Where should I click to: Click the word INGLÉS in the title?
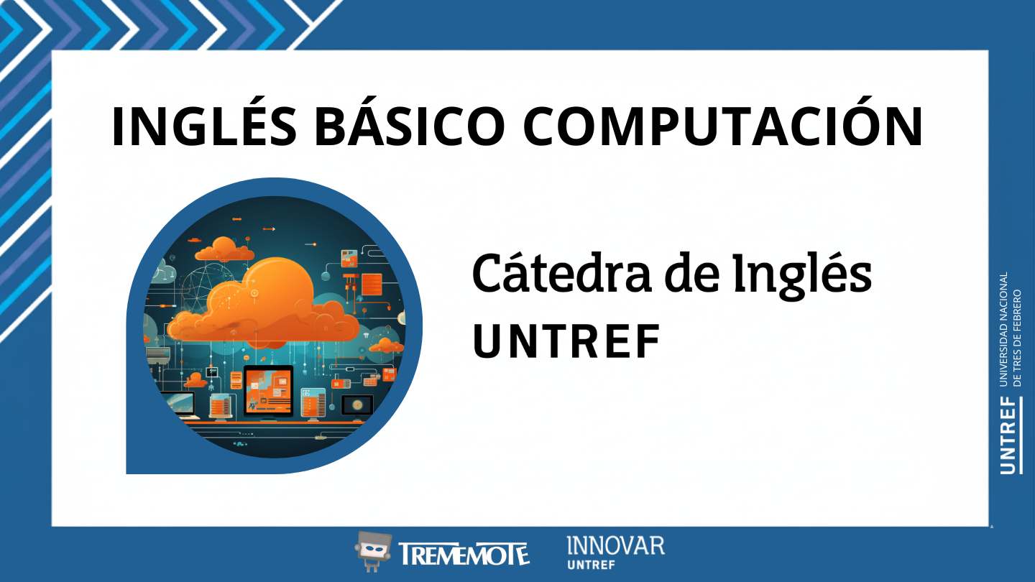[204, 127]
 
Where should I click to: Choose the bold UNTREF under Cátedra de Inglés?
[566, 343]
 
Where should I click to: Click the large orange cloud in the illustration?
[273, 302]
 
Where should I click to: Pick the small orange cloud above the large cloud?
[224, 250]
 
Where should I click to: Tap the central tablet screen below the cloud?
[268, 388]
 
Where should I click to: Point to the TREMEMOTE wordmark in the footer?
[463, 554]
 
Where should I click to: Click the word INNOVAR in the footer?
[615, 545]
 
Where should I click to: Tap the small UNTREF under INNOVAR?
[591, 565]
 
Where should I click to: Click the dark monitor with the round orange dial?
[357, 404]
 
